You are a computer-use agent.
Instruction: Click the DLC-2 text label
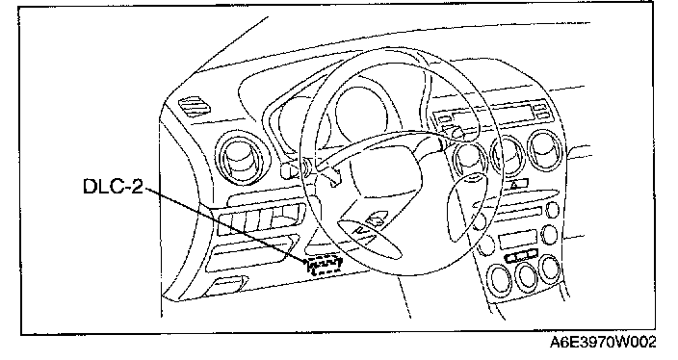[x=113, y=187]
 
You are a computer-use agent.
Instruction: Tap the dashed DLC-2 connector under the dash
[x=325, y=265]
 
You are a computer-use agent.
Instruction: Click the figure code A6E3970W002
[x=603, y=343]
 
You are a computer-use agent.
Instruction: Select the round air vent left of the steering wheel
[x=241, y=157]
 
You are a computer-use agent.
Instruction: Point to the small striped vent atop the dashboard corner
[x=195, y=107]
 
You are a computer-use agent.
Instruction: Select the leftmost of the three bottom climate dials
[x=500, y=279]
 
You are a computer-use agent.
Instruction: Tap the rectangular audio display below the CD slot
[x=517, y=240]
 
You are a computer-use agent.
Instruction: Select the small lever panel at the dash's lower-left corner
[x=224, y=286]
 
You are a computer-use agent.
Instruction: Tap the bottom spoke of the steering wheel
[x=369, y=237]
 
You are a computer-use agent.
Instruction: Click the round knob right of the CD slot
[x=552, y=211]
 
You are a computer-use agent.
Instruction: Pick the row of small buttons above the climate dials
[x=522, y=257]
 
